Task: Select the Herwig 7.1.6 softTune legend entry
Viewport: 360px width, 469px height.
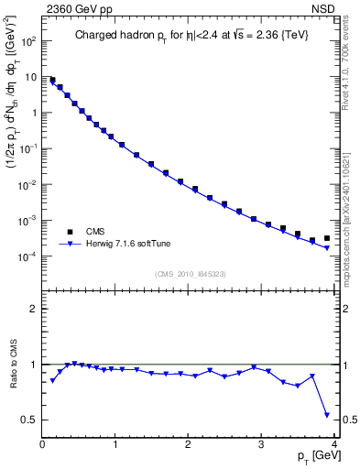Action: tap(127, 244)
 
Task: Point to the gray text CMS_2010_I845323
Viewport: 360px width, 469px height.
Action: tap(190, 272)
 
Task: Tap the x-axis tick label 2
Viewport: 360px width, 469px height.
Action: tap(188, 444)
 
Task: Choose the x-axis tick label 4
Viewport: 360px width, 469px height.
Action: tap(333, 444)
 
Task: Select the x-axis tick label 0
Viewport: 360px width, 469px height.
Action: tap(42, 444)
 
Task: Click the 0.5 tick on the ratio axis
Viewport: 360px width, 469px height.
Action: tap(29, 420)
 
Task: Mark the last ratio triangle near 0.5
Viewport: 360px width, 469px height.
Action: tap(326, 415)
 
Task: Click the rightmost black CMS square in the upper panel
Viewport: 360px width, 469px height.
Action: tap(326, 238)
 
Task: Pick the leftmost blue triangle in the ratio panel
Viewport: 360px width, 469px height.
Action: tap(52, 380)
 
